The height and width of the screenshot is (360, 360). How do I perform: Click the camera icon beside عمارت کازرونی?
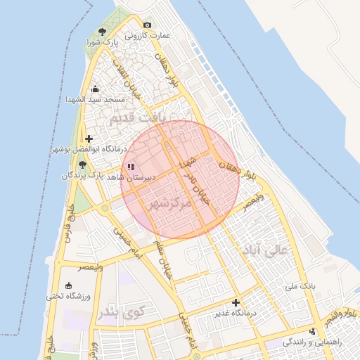pyautogui.click(x=148, y=25)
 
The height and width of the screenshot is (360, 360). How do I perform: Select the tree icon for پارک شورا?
pyautogui.click(x=103, y=32)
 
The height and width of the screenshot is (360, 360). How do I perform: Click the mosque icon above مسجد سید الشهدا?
pyautogui.click(x=96, y=89)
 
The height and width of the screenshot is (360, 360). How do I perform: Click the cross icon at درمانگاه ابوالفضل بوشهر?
pyautogui.click(x=89, y=139)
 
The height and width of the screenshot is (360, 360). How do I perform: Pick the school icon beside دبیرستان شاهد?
pyautogui.click(x=131, y=167)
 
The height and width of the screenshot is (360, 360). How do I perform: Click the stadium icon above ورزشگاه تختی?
pyautogui.click(x=69, y=285)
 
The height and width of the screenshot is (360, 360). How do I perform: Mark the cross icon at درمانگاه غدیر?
pyautogui.click(x=236, y=302)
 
